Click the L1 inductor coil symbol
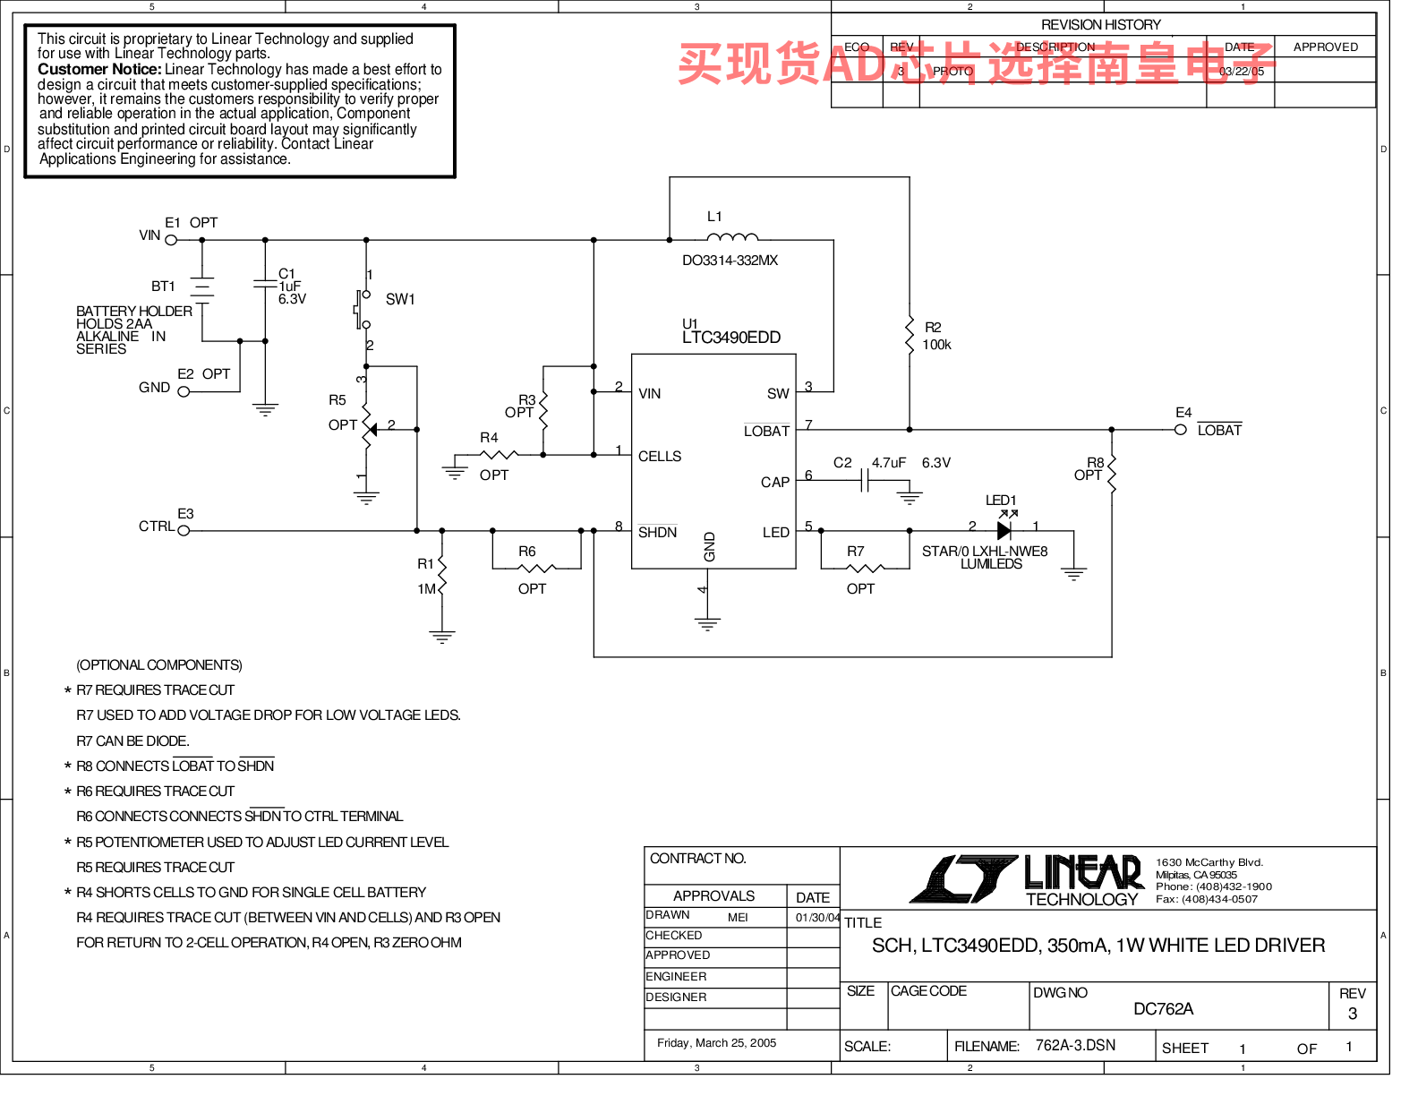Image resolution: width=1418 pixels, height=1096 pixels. [x=732, y=237]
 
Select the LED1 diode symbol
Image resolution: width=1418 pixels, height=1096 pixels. [x=1004, y=530]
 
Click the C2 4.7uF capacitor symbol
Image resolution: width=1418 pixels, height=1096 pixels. [x=865, y=482]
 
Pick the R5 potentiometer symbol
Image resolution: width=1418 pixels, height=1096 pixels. [x=367, y=430]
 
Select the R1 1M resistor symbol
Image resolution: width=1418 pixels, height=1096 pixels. [x=441, y=577]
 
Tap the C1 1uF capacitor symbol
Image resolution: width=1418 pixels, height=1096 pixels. [x=265, y=284]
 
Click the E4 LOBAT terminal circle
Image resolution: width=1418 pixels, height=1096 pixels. [x=1181, y=430]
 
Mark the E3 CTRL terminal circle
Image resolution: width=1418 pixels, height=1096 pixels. [x=184, y=531]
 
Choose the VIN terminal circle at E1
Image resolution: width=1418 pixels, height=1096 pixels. [x=171, y=240]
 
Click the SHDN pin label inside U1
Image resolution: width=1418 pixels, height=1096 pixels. [x=657, y=533]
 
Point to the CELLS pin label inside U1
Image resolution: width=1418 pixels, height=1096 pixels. [x=660, y=457]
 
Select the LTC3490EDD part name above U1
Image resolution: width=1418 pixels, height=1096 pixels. [x=731, y=338]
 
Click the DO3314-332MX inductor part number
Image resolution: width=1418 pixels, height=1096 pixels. [x=730, y=261]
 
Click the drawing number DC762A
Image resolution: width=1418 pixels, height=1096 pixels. [x=1163, y=1009]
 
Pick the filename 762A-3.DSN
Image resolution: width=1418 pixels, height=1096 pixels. [x=1075, y=1046]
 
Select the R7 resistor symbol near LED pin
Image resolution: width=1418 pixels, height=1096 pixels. [x=865, y=568]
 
